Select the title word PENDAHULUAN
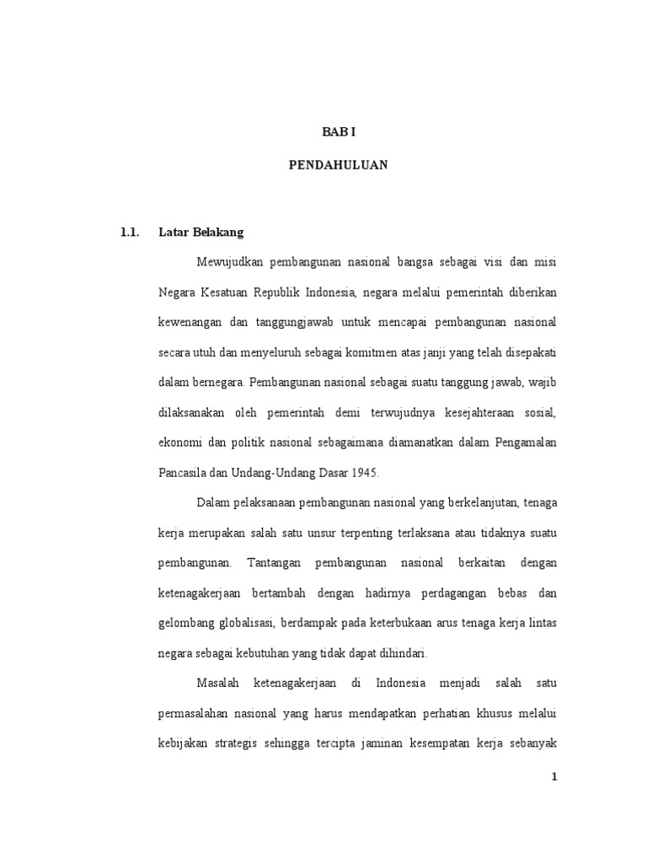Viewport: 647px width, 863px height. pos(338,165)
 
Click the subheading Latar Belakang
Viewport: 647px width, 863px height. pos(201,232)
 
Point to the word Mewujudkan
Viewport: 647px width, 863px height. pos(231,262)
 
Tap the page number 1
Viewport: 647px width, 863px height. pos(554,778)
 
